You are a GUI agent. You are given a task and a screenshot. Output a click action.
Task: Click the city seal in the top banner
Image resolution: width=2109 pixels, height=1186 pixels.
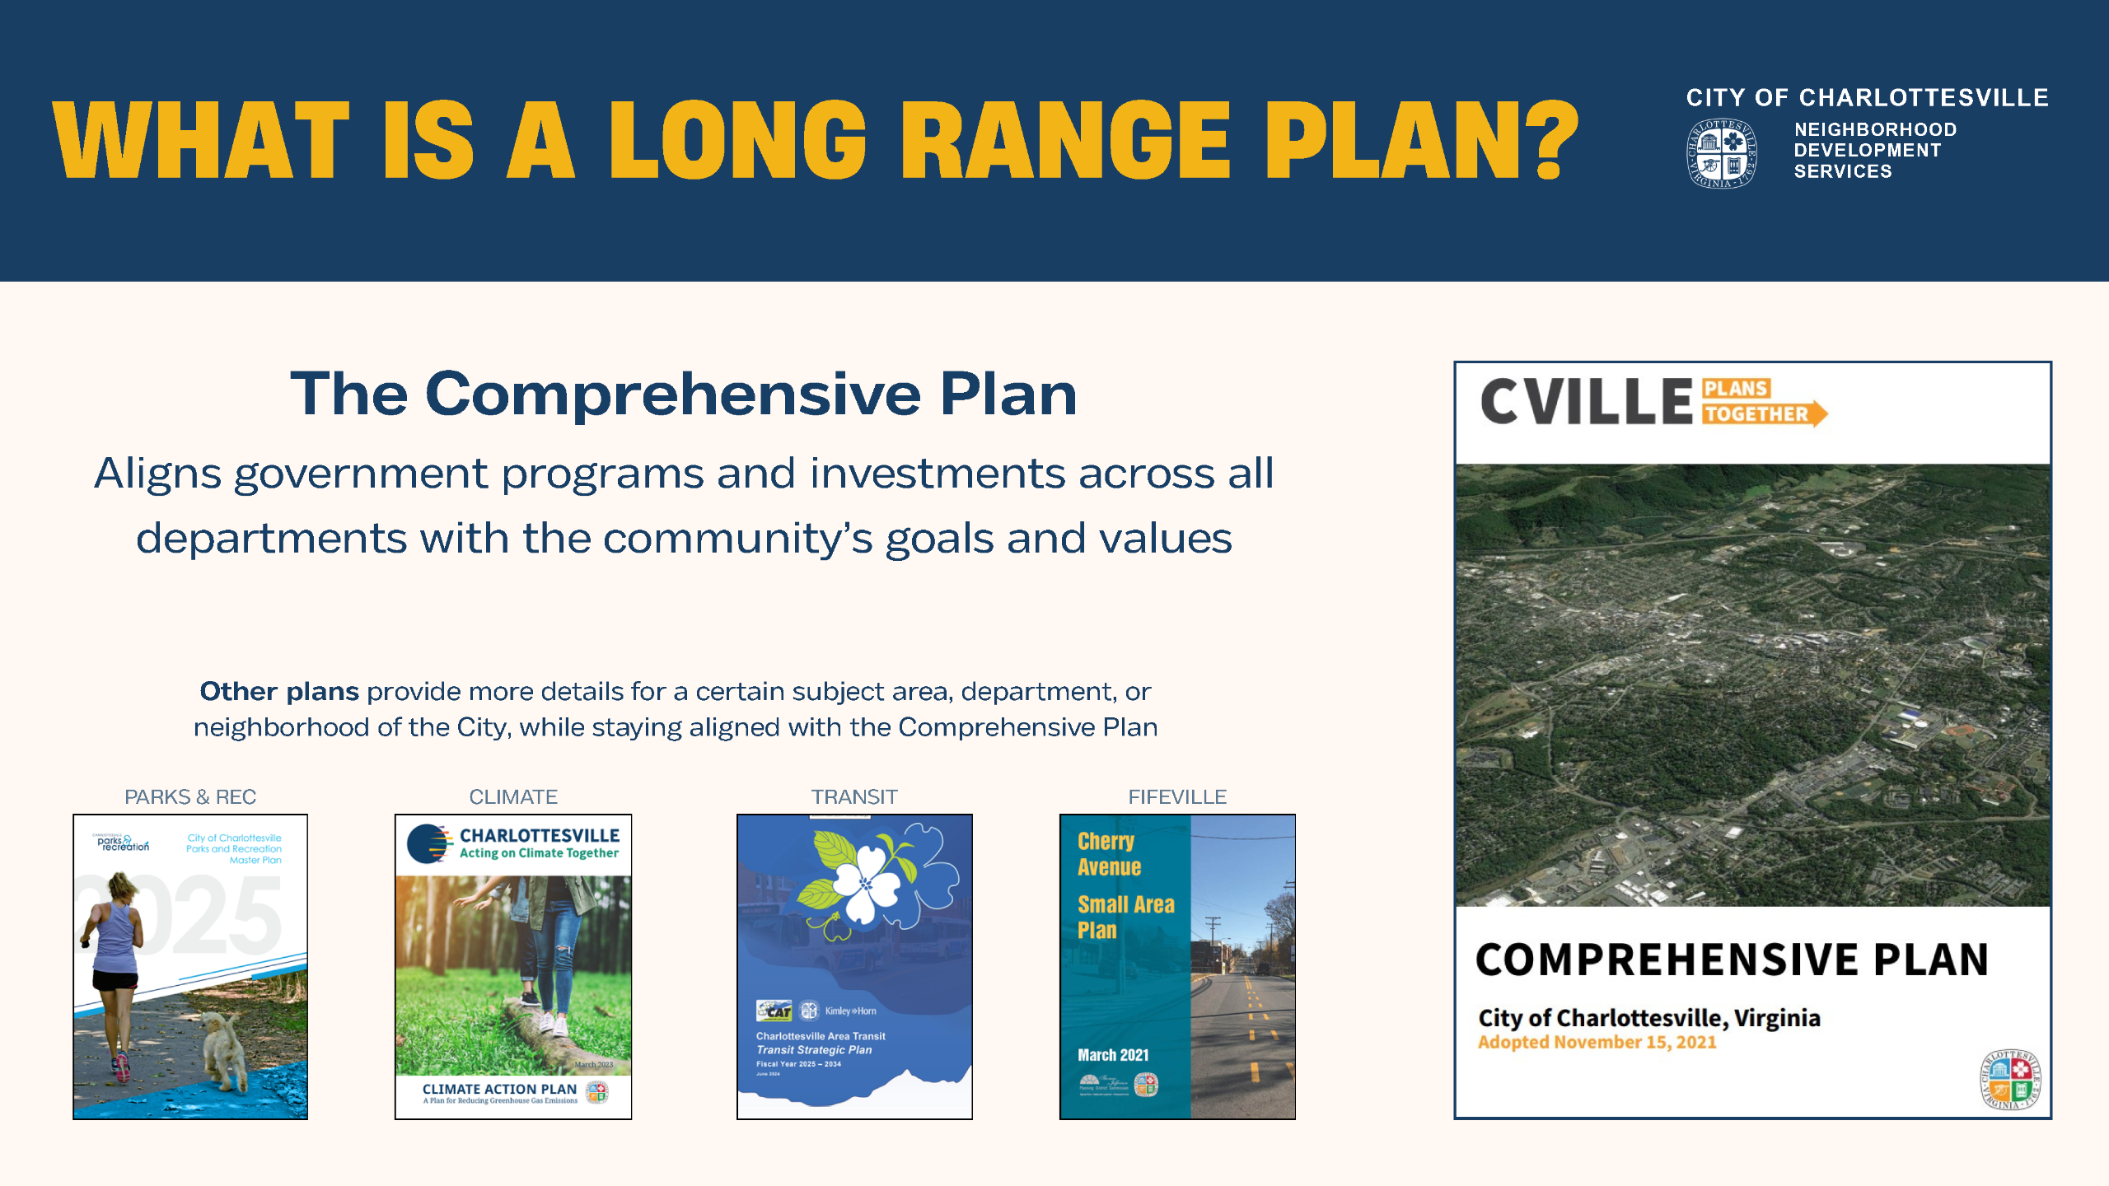point(1721,154)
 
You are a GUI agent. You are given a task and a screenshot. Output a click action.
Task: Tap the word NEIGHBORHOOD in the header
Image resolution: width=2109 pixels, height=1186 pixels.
point(1875,129)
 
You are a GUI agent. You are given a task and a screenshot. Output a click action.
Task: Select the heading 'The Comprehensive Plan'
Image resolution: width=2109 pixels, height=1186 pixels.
point(683,394)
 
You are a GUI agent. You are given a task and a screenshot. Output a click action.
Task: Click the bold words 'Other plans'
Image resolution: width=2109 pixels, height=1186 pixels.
point(279,691)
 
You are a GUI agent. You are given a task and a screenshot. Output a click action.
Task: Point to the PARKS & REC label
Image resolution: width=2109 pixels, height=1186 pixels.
point(190,796)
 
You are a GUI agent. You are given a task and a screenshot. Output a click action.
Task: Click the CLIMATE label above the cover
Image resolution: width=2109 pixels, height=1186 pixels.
point(513,796)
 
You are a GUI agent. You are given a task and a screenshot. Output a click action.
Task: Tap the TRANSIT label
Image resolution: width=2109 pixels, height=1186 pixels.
point(854,796)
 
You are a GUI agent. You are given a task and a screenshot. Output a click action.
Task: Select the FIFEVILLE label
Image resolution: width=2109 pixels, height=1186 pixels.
point(1177,796)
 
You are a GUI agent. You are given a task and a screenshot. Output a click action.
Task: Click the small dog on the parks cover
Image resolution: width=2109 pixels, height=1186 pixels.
point(223,1050)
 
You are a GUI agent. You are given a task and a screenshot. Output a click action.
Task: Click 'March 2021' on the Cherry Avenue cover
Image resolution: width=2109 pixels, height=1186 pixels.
point(1112,1055)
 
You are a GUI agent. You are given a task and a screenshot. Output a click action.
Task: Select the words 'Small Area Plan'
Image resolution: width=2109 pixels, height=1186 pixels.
point(1125,917)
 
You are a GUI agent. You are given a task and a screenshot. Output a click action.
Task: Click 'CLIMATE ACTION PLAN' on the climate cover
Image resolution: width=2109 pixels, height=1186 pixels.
point(499,1089)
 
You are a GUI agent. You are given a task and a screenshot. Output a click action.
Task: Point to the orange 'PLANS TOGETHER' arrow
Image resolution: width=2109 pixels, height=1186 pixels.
point(1763,402)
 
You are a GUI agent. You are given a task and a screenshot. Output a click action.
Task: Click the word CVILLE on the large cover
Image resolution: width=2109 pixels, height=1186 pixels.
point(1586,402)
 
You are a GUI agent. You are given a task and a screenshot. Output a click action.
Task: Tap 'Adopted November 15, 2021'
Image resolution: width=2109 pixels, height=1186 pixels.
point(1597,1042)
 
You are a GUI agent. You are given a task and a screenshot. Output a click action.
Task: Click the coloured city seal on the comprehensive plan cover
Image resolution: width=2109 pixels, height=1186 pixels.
point(2011,1079)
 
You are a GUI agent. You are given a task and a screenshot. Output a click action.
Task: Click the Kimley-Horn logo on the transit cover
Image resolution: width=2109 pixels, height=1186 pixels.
point(850,1011)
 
